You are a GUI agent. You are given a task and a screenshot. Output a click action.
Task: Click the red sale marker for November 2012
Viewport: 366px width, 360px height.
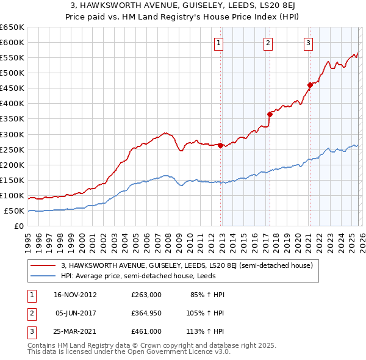pyautogui.click(x=220, y=145)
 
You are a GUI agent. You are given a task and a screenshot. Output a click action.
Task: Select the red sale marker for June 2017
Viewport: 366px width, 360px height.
pyautogui.click(x=269, y=113)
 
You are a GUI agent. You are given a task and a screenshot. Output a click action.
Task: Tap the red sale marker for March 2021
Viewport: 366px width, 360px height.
pyautogui.click(x=310, y=85)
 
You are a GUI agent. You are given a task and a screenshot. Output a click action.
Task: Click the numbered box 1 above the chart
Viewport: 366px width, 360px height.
pyautogui.click(x=218, y=43)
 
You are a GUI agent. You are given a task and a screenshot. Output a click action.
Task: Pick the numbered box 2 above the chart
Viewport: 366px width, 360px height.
pyautogui.click(x=268, y=43)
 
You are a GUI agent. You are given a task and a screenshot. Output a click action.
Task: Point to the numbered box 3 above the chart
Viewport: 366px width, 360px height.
pyautogui.click(x=309, y=43)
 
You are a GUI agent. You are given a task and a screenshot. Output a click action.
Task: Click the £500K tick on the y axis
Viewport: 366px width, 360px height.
pyautogui.click(x=12, y=73)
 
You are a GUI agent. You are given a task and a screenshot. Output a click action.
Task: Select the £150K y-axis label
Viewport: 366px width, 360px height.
pyautogui.click(x=12, y=181)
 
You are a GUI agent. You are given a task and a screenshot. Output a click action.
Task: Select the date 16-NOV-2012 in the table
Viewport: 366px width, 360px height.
pyautogui.click(x=75, y=295)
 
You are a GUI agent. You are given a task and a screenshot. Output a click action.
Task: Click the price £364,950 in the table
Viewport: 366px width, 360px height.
pyautogui.click(x=146, y=313)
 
